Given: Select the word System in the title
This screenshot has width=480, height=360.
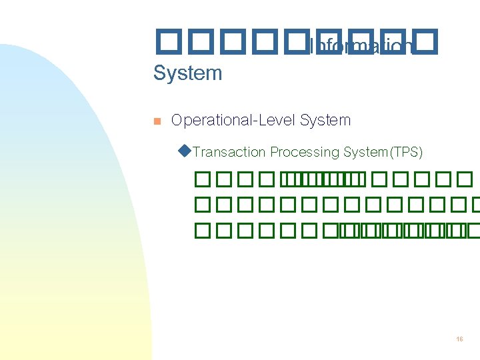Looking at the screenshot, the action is point(187,73).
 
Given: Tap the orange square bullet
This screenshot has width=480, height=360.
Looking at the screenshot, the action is point(157,121).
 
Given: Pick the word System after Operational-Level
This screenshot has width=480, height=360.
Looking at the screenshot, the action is point(325,121).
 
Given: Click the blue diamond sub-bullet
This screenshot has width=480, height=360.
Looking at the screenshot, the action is point(185,151).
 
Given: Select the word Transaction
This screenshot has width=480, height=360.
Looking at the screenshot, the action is point(229,153).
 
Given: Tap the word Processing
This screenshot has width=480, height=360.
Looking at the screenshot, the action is point(305,153).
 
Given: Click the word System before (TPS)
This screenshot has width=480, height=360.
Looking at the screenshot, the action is point(365,153).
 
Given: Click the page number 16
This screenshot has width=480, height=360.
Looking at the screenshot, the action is point(459,339).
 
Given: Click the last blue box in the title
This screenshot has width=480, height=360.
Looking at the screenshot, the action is point(427,41).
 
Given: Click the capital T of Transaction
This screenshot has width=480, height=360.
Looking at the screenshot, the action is point(197,153).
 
